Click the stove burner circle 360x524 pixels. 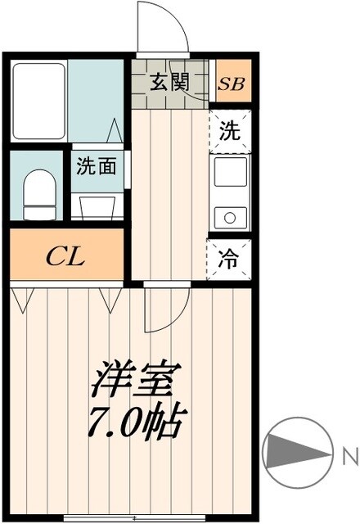point(231,218)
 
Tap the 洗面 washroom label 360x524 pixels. point(97,166)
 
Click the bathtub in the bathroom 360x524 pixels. point(38,101)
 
